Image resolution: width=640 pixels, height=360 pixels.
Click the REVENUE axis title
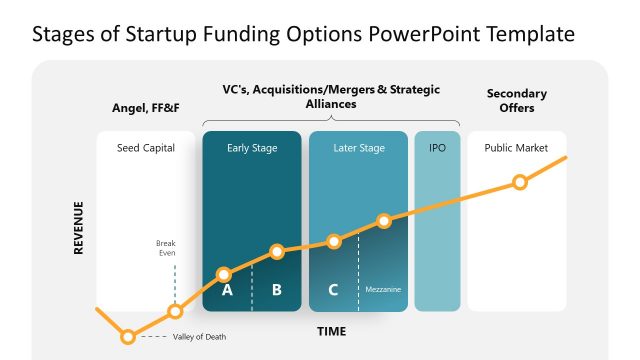79,228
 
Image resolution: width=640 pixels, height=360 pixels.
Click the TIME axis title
332,330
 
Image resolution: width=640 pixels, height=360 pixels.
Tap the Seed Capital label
146,148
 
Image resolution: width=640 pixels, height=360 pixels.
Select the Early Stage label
252,148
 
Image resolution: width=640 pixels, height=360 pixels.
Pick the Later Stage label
358,148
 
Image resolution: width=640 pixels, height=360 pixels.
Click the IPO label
437,148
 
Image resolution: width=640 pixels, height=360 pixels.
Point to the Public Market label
516,148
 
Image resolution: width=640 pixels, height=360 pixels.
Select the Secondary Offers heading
516,100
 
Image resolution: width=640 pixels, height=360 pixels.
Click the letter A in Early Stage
227,291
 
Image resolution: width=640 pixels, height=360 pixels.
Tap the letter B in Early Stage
277,291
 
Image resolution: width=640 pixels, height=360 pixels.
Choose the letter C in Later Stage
333,291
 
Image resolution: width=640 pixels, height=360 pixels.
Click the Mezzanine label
383,290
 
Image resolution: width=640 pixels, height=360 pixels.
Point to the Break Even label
166,248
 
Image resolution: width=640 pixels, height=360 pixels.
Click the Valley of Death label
199,337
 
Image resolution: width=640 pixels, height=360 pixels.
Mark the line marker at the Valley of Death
128,336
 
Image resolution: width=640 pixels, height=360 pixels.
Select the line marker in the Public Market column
519,182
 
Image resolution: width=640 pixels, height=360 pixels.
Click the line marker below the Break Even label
175,311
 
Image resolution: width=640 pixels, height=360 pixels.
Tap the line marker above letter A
224,273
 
